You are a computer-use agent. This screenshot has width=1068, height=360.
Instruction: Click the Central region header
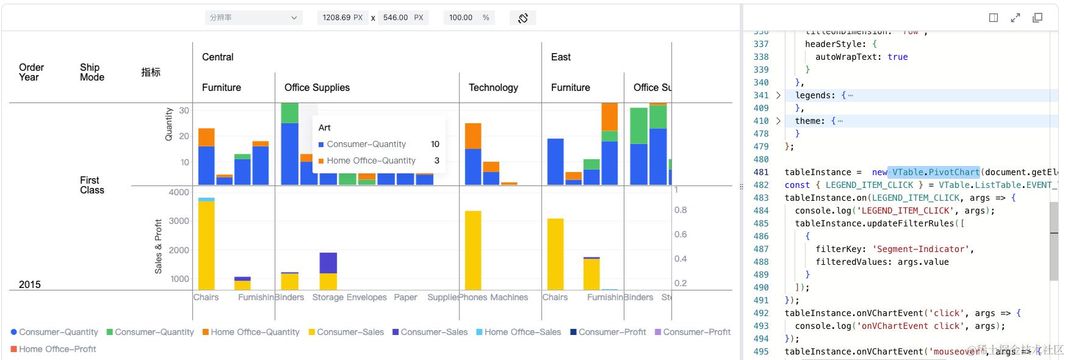[x=218, y=57]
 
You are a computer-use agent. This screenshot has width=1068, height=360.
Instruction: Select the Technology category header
[x=493, y=88]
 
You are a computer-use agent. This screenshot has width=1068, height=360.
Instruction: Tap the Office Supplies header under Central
[x=317, y=88]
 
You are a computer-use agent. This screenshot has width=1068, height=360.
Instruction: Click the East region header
[x=561, y=57]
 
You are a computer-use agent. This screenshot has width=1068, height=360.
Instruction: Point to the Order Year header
[x=31, y=72]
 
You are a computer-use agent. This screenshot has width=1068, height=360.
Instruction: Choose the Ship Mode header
[x=92, y=72]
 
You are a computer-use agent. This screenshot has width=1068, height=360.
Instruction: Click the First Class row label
[x=92, y=185]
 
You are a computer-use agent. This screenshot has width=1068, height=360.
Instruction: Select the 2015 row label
[x=30, y=284]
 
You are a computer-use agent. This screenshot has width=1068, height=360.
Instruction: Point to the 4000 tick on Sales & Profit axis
[x=179, y=192]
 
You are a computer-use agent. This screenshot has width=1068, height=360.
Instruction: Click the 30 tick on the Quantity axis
[x=184, y=110]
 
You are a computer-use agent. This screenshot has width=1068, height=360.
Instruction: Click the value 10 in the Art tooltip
[x=435, y=144]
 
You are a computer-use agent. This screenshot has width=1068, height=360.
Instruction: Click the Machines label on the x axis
[x=509, y=297]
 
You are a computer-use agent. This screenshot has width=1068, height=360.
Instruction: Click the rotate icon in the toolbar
[x=523, y=18]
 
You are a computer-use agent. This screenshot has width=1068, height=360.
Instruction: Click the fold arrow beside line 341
[x=778, y=95]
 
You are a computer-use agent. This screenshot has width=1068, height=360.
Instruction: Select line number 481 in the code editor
[x=761, y=172]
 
